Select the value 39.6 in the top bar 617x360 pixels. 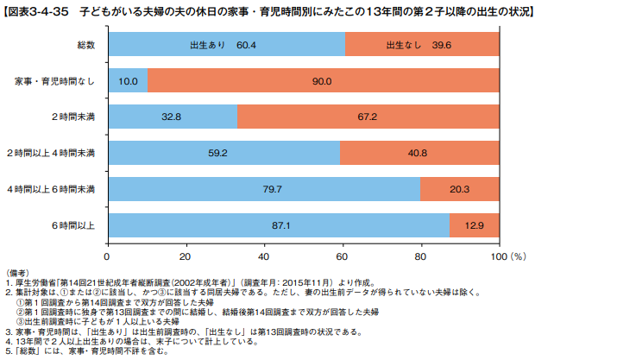tap(443, 44)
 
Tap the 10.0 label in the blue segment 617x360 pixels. tap(128, 80)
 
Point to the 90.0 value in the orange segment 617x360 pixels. tap(322, 80)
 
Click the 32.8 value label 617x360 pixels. tap(171, 117)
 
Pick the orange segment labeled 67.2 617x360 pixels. tap(368, 117)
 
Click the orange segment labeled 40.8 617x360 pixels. tap(418, 153)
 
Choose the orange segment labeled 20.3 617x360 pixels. tap(459, 189)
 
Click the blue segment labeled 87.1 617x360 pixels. tap(278, 225)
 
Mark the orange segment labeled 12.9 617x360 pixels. tap(475, 225)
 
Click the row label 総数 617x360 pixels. tap(86, 44)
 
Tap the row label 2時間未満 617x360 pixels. tap(73, 117)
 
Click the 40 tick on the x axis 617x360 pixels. tap(264, 256)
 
